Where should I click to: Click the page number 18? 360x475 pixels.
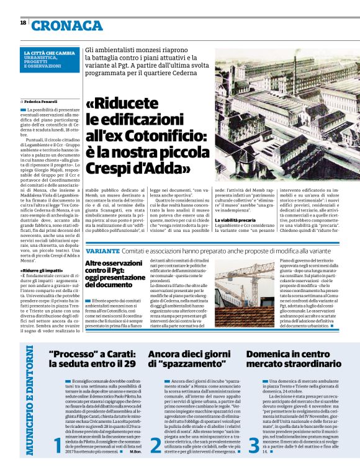23,22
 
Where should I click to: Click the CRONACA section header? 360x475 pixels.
68,25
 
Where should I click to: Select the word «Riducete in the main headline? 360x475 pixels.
122,104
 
